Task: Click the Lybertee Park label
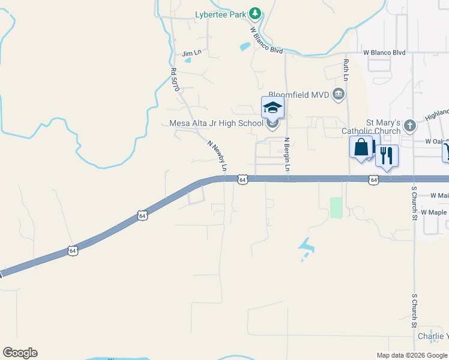pyautogui.click(x=221, y=14)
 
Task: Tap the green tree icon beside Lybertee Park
pyautogui.click(x=255, y=13)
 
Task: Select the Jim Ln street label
pyautogui.click(x=190, y=54)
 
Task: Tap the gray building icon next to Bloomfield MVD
pyautogui.click(x=339, y=94)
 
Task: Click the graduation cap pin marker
pyautogui.click(x=273, y=108)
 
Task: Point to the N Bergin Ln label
pyautogui.click(x=287, y=155)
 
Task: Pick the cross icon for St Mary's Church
pyautogui.click(x=410, y=125)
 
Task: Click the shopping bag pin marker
pyautogui.click(x=361, y=147)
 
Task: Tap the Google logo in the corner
pyautogui.click(x=20, y=353)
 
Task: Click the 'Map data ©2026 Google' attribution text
pyautogui.click(x=412, y=355)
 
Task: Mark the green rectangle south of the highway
pyautogui.click(x=336, y=208)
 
